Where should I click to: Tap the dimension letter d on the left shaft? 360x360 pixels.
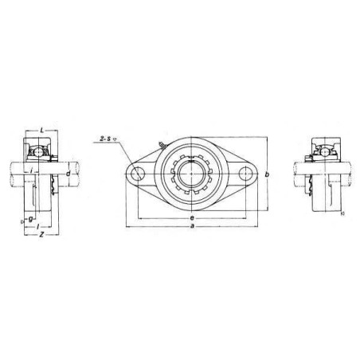(x=68, y=174)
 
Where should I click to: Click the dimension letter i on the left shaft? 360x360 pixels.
(x=29, y=170)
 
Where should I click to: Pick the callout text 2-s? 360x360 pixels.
(x=104, y=139)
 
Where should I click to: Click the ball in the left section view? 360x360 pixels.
(x=37, y=149)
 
